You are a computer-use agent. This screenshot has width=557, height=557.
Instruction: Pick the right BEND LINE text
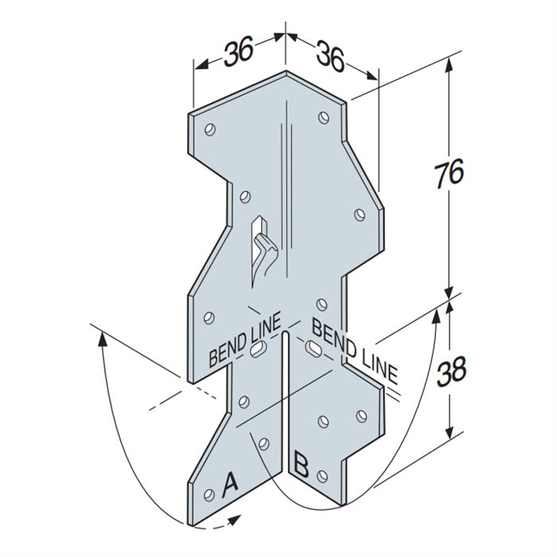click(353, 349)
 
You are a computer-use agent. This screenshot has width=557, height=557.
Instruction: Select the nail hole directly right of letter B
click(322, 475)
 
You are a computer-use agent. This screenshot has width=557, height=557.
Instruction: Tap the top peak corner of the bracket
click(285, 72)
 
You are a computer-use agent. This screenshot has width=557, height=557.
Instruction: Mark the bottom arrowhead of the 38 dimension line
click(452, 430)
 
